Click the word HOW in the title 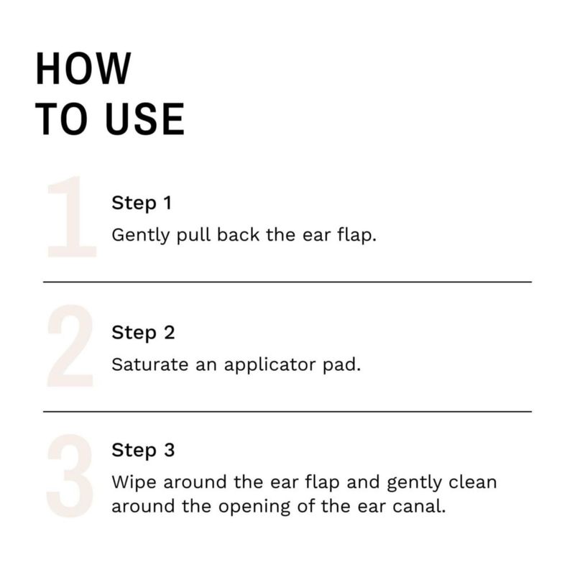83,68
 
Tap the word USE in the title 145,119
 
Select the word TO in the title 62,119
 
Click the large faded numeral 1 72,216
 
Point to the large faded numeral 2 70,346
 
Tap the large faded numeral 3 70,476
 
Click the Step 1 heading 142,203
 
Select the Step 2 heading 143,333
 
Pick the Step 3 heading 143,451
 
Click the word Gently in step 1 141,236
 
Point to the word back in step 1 238,234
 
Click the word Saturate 150,364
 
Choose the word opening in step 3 254,507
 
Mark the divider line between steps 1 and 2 287,282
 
